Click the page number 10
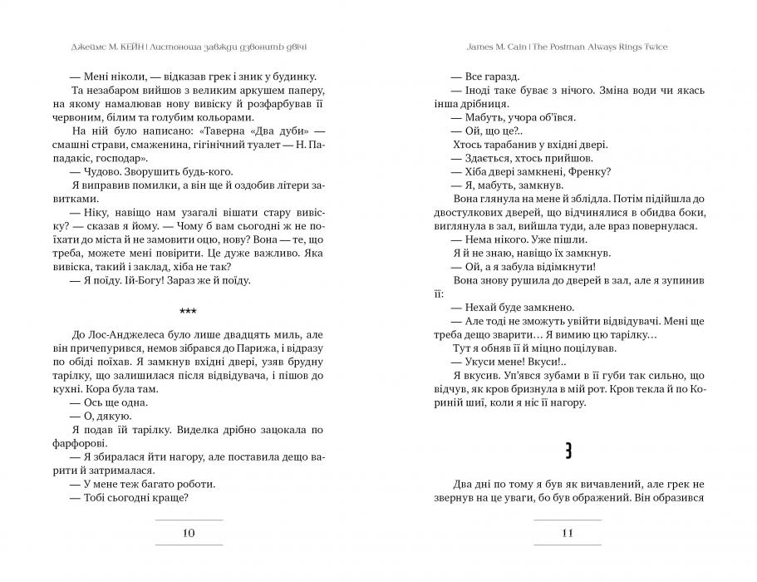(x=189, y=534)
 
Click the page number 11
(x=568, y=534)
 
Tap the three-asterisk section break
(x=189, y=311)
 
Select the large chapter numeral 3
(x=568, y=451)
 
